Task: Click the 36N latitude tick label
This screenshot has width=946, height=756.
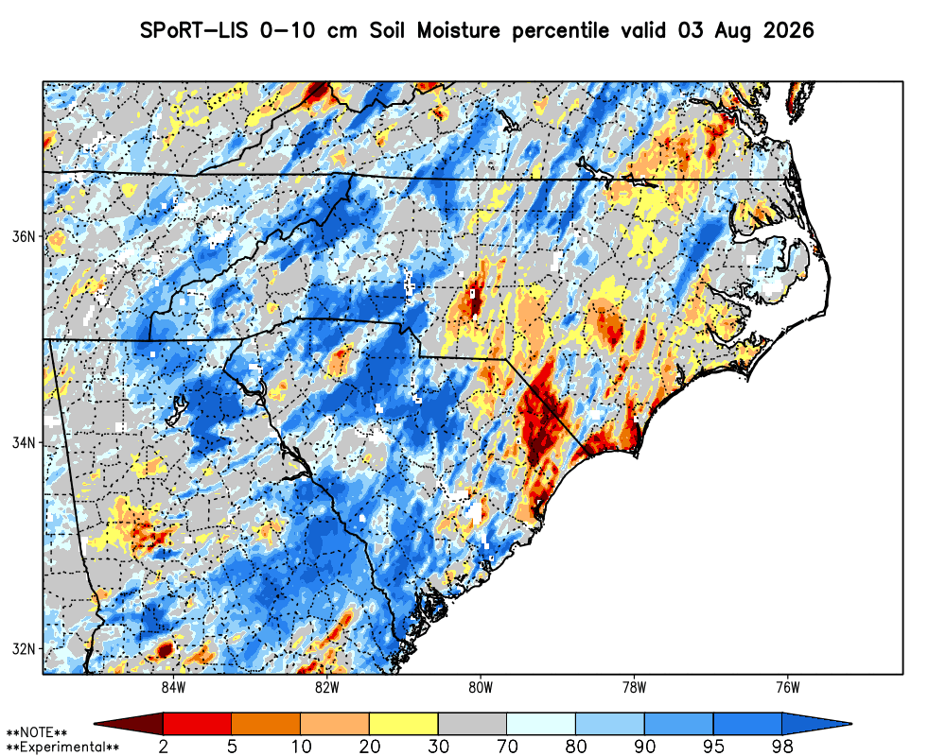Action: coord(24,236)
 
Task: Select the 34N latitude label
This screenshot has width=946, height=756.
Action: coord(24,443)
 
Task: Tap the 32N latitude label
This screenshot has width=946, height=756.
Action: coord(24,649)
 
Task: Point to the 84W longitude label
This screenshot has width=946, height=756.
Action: coord(173,688)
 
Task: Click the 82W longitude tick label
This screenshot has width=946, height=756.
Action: coord(327,688)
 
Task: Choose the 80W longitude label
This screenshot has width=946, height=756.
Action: coord(481,688)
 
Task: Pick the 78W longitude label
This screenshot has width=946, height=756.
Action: coord(634,688)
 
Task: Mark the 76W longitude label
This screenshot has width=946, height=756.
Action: coord(788,688)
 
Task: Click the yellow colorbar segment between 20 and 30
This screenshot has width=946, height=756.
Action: coord(404,723)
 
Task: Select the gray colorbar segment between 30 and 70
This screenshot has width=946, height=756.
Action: coord(472,723)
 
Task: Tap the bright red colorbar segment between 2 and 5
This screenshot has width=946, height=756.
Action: coord(198,723)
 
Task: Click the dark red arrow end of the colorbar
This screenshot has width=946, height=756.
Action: coord(129,723)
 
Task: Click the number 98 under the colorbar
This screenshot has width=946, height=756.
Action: coord(782,747)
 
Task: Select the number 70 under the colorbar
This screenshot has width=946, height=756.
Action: coord(507,747)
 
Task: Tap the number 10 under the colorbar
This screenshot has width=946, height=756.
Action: coord(301,747)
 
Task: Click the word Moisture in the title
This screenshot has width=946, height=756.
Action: coord(459,30)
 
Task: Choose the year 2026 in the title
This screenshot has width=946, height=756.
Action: coord(789,30)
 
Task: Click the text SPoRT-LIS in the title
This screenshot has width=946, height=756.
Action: coord(194,30)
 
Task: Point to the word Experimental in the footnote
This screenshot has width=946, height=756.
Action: coord(62,747)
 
